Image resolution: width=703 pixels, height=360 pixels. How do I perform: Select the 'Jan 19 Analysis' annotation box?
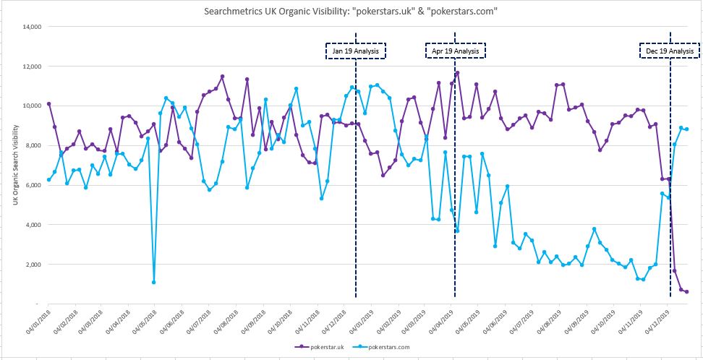coord(355,51)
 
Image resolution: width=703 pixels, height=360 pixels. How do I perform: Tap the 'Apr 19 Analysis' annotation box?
coord(455,51)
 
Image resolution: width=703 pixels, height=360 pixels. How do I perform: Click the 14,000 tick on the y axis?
coord(30,27)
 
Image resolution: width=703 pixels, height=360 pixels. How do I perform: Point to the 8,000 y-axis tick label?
coord(33,145)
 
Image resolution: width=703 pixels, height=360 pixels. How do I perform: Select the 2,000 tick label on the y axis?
coord(33,265)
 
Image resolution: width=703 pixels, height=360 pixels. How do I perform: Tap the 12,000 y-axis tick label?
coord(30,67)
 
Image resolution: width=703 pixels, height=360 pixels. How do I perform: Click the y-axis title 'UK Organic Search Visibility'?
coord(14,166)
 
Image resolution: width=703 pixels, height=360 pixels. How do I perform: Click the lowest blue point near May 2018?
coord(154,282)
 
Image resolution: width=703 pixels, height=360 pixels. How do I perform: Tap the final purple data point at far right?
coord(686,292)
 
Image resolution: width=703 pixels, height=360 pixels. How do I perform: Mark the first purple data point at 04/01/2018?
coord(48,104)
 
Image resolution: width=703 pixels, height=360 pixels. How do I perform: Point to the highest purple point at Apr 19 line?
coord(457,73)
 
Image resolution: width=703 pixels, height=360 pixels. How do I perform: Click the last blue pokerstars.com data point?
coord(686,129)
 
